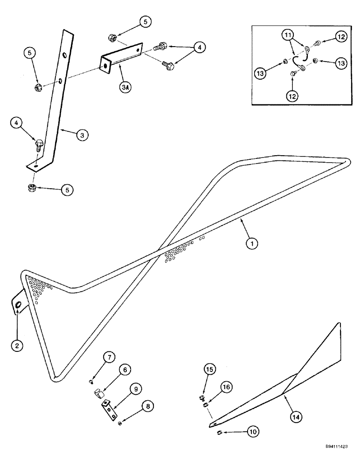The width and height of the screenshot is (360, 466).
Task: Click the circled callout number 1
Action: [x=251, y=242]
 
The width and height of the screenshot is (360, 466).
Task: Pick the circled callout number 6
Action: [x=125, y=369]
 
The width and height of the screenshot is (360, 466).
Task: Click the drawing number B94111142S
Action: [x=333, y=459]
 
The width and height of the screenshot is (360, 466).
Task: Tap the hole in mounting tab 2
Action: [x=17, y=305]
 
